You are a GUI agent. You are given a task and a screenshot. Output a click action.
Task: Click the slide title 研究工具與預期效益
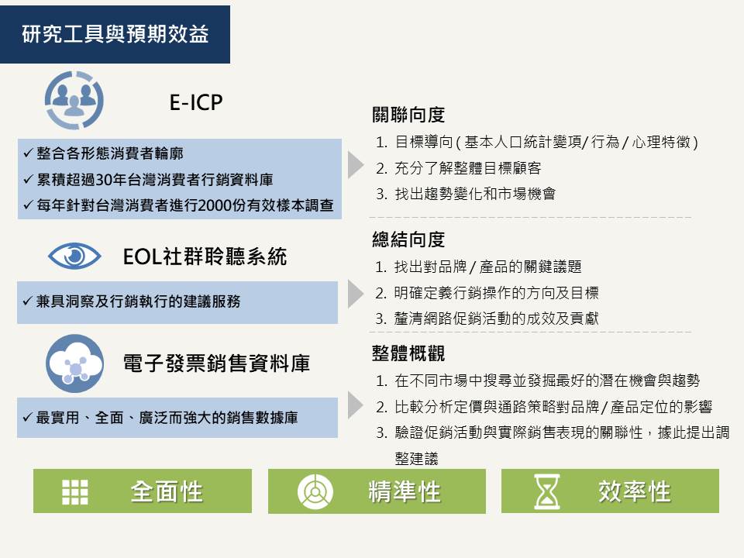(x=115, y=33)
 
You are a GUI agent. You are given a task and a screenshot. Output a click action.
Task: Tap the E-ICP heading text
(x=196, y=102)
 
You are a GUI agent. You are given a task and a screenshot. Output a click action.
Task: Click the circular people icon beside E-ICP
(x=74, y=100)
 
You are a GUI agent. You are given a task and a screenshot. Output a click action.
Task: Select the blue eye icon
(x=74, y=257)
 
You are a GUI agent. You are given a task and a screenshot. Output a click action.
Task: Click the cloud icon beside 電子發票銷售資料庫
(x=74, y=363)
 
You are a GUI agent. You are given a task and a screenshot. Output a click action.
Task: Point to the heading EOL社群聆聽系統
(x=205, y=257)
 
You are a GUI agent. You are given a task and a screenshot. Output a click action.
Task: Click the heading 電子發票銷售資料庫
(x=216, y=363)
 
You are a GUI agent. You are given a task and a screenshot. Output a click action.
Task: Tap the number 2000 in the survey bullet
(x=214, y=205)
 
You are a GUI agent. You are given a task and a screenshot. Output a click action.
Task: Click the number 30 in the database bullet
(x=103, y=180)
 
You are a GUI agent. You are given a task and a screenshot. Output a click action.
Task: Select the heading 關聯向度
(x=408, y=115)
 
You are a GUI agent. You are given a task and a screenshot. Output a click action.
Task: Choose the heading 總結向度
(x=408, y=239)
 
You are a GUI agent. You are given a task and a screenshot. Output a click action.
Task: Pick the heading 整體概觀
(x=408, y=353)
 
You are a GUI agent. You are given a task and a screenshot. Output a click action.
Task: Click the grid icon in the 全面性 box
(x=75, y=491)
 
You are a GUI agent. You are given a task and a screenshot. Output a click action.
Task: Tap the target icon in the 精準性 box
(x=315, y=491)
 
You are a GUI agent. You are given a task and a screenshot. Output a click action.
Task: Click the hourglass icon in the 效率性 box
(x=547, y=491)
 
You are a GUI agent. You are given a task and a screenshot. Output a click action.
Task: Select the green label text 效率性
(x=635, y=491)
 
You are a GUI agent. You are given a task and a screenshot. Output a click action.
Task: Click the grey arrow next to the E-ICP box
(x=356, y=165)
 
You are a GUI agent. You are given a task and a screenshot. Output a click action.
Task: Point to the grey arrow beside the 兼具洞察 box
(x=356, y=294)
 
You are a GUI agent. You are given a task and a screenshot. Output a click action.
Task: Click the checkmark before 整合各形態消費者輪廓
(x=28, y=153)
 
